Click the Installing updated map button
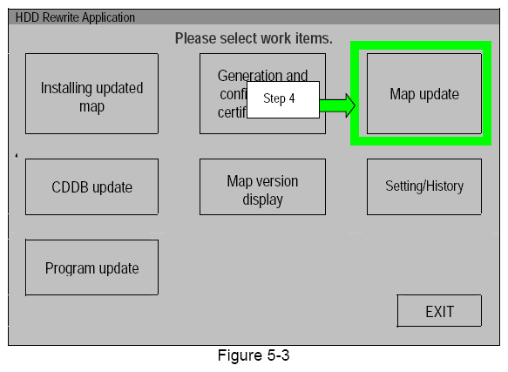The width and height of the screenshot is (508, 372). coord(91,97)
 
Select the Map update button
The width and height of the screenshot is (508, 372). coord(424,93)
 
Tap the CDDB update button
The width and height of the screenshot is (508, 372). coord(91,187)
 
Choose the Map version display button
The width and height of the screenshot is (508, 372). coord(262,190)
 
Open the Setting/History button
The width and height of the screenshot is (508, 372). coord(424,186)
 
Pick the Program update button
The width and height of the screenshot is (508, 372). coord(91,268)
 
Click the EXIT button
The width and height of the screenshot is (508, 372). coord(439,311)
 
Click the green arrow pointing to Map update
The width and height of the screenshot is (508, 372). coord(338,105)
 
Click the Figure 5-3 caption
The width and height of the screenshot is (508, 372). coord(252,357)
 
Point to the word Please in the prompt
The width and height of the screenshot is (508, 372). coord(195,38)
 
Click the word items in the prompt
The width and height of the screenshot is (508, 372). coord(315,38)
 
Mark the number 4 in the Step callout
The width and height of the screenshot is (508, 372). coord(292,99)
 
